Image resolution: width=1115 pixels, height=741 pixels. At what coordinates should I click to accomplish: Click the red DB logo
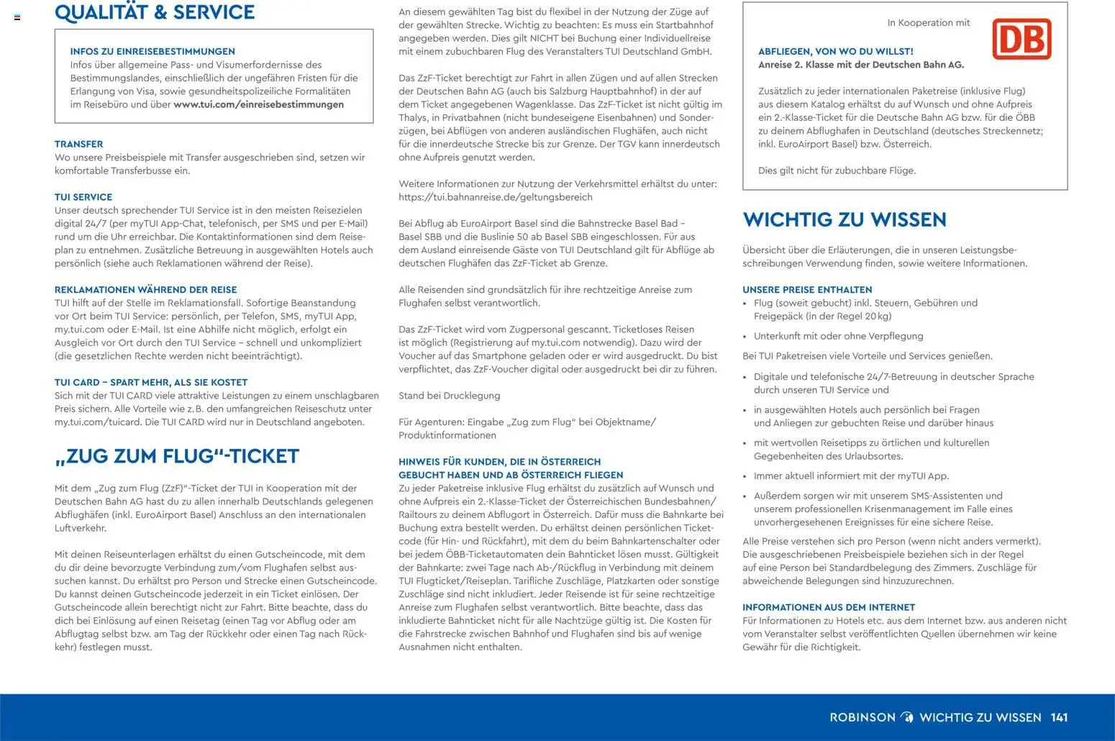(x=1021, y=39)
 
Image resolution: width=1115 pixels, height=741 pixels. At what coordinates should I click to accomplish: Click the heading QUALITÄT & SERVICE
(x=155, y=12)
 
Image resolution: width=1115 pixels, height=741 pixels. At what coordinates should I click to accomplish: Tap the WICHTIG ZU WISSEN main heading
(x=845, y=219)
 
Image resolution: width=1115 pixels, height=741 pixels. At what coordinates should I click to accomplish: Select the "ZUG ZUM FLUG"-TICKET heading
(x=177, y=456)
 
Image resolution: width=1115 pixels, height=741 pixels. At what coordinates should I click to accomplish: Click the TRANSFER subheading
(x=78, y=144)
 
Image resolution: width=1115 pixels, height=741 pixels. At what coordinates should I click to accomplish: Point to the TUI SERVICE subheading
(x=83, y=196)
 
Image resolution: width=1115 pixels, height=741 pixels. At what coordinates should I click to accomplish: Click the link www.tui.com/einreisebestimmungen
(x=258, y=104)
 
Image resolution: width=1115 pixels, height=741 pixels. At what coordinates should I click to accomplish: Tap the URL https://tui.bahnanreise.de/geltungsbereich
(x=496, y=197)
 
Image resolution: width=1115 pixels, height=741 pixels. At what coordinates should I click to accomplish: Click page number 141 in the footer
(x=1059, y=717)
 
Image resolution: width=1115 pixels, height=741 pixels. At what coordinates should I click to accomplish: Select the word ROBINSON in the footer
(x=863, y=717)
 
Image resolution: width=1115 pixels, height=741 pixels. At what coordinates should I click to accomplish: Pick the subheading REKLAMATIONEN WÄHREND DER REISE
(x=146, y=289)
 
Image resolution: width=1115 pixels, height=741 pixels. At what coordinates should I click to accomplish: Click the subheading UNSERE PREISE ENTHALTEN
(x=797, y=289)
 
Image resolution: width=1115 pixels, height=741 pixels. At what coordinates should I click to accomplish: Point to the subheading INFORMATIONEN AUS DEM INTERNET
(x=829, y=607)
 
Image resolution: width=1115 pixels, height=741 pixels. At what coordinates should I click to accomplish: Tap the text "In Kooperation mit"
(x=929, y=23)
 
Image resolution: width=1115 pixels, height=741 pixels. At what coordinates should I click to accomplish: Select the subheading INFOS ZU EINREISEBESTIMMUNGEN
(x=153, y=51)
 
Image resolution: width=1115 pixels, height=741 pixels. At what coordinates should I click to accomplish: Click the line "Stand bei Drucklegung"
(x=450, y=396)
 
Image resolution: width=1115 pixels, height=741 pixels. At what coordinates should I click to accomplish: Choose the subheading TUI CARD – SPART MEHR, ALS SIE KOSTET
(x=151, y=382)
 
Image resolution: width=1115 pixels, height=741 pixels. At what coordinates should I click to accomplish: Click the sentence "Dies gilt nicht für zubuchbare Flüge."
(x=837, y=171)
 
